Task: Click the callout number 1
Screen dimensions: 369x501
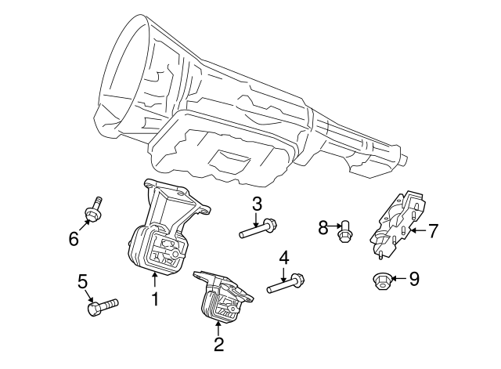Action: (155, 298)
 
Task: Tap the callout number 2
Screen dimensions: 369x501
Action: (219, 342)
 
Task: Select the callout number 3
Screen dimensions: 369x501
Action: (256, 205)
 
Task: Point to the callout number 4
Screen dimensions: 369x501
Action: (284, 257)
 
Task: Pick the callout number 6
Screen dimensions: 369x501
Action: (74, 238)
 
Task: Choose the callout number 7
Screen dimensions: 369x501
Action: (433, 230)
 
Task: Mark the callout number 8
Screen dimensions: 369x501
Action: (322, 228)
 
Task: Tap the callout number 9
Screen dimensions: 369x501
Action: (415, 277)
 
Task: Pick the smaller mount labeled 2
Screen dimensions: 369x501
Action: (223, 298)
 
